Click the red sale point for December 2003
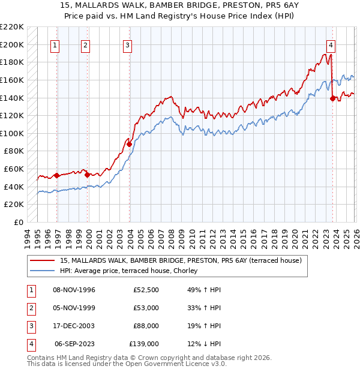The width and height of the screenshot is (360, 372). coord(129,144)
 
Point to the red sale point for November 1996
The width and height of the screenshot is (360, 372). coord(56,175)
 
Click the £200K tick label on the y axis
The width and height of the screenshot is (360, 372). coord(13,44)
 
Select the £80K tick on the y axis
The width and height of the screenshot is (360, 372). coord(15,151)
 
